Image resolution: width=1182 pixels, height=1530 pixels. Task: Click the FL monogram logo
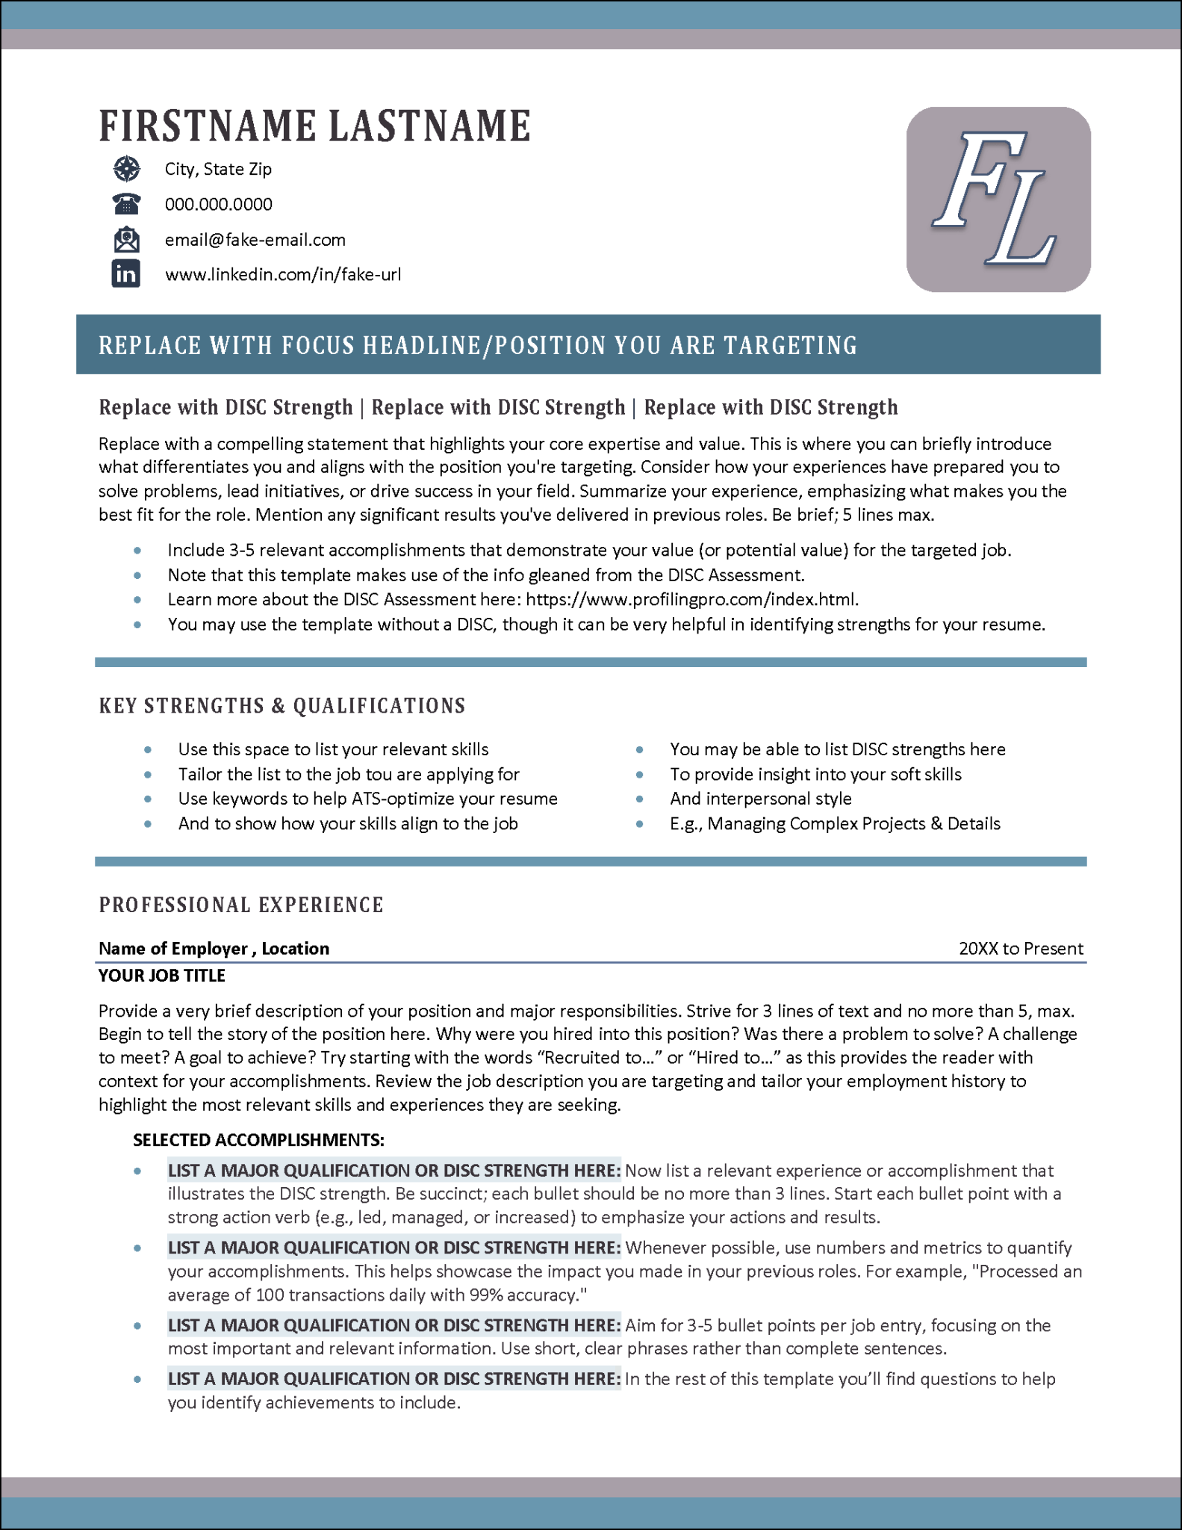(x=998, y=199)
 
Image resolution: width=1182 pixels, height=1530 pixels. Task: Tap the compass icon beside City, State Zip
(x=127, y=169)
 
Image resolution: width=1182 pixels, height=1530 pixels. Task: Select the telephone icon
(x=127, y=204)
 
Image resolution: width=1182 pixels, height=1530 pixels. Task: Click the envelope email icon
(x=127, y=240)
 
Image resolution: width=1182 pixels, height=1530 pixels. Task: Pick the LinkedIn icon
(x=126, y=274)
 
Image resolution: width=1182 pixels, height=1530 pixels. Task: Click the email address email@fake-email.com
(x=255, y=240)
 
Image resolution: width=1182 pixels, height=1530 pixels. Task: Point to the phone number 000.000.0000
(x=218, y=204)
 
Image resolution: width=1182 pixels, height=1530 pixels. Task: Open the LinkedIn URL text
(x=282, y=274)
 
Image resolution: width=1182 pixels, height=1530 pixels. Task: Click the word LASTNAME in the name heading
(x=429, y=126)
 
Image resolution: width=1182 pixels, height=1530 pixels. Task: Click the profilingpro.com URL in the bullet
(x=691, y=599)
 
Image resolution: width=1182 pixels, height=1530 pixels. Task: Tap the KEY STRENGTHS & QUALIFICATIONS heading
(x=282, y=706)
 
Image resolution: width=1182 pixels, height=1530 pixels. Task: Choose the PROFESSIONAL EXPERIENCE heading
(x=241, y=905)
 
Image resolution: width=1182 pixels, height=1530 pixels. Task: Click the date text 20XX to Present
(x=1020, y=949)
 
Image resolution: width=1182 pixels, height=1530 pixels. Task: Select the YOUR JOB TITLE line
(x=162, y=975)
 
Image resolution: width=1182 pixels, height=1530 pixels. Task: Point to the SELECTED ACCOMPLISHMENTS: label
(x=258, y=1140)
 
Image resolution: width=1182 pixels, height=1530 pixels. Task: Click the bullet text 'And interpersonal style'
(x=760, y=799)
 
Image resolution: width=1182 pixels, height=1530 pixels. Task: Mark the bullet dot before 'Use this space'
(x=148, y=749)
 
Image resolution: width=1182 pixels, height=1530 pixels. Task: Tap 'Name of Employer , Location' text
(x=214, y=949)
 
